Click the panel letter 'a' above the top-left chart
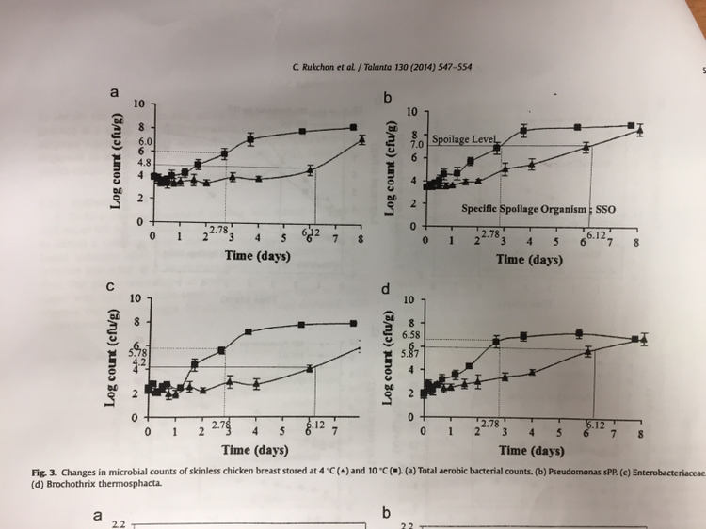click(x=115, y=92)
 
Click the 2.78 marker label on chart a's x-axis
click(x=218, y=229)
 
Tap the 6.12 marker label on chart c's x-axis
click(x=316, y=425)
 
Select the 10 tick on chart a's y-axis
click(x=138, y=103)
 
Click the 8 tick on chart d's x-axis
click(x=639, y=435)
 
